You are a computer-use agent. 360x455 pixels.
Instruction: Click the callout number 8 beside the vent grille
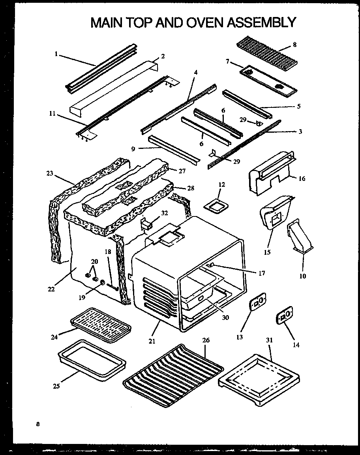pos(294,45)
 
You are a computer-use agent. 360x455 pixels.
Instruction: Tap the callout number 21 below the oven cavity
pos(152,341)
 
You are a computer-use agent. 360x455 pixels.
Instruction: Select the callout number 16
pos(302,179)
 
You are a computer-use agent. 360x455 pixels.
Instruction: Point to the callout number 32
pos(164,213)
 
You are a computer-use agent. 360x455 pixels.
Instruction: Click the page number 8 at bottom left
pos(37,425)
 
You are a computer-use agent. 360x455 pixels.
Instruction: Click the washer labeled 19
pos(102,283)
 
